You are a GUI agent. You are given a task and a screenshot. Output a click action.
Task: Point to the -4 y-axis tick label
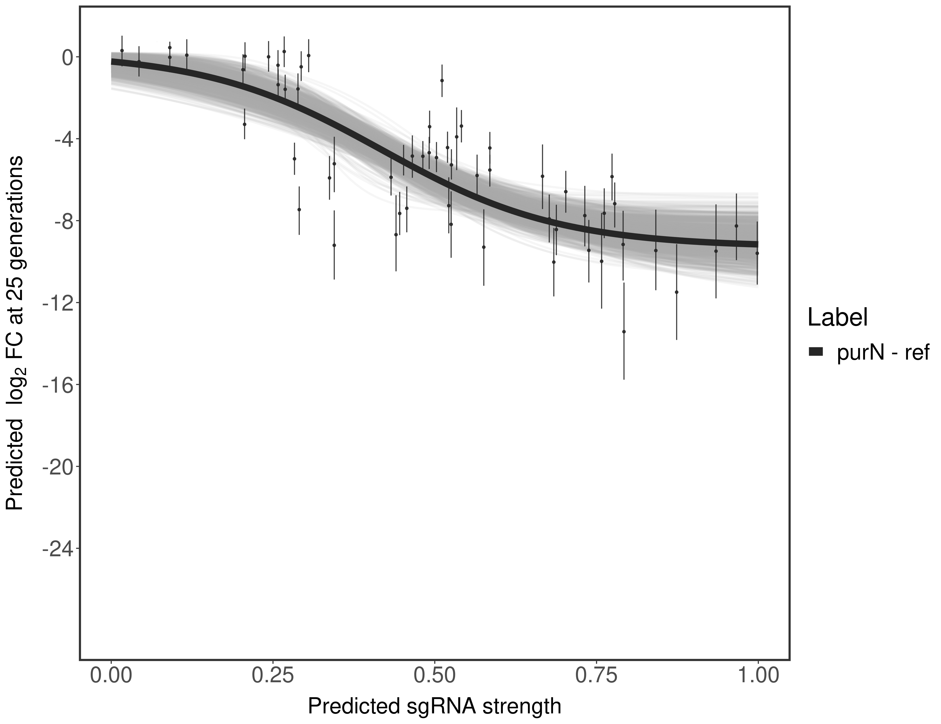point(62,139)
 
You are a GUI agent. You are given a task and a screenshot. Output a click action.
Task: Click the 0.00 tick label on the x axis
point(111,675)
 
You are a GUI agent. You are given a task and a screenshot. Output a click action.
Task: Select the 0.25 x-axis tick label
point(273,675)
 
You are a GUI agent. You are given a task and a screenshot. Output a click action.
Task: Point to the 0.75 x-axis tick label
point(596,675)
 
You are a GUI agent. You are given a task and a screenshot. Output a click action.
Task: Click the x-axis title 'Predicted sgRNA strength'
point(434,707)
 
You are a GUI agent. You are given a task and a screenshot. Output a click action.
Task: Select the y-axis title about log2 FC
point(15,333)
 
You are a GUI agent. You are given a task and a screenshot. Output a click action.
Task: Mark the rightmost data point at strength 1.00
point(757,253)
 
